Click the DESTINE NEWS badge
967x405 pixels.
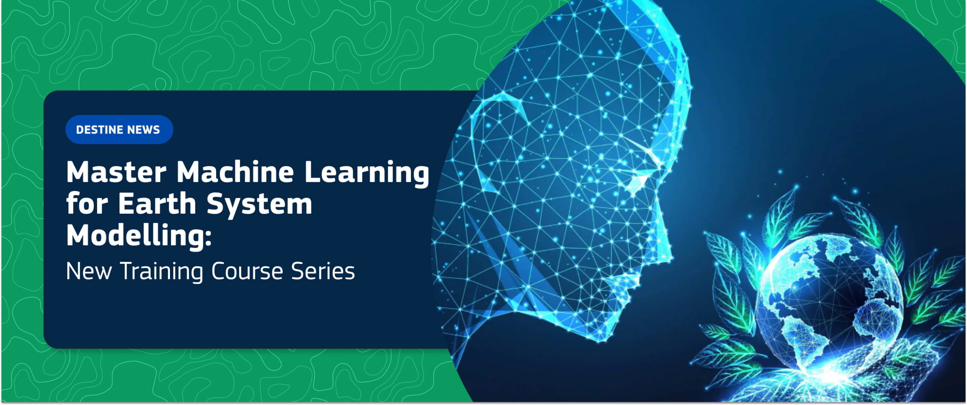coord(119,129)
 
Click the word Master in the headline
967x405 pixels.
coord(116,172)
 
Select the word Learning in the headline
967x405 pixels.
coord(367,173)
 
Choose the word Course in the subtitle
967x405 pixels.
coord(247,271)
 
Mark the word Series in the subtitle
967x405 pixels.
coord(323,271)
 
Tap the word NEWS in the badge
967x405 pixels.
coord(144,130)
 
